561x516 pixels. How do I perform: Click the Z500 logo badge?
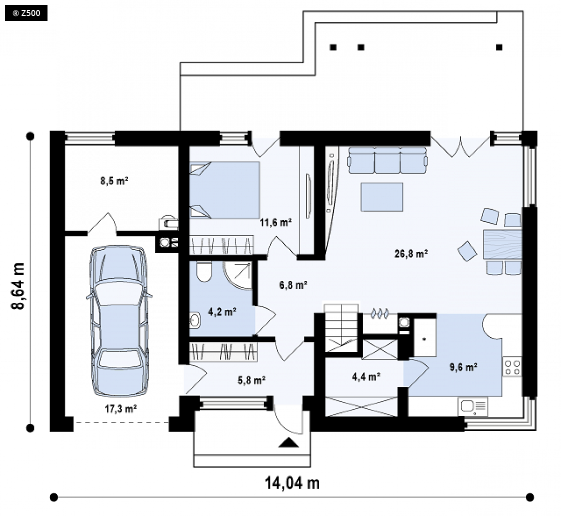click(26, 14)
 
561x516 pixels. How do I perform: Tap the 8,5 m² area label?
click(114, 181)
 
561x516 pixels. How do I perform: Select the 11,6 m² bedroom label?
click(275, 223)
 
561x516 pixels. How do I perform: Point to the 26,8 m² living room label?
click(411, 254)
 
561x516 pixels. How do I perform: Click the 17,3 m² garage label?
click(121, 408)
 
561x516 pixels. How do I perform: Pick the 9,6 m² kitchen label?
click(463, 367)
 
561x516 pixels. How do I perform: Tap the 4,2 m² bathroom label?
click(222, 312)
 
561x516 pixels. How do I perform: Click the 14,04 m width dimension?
click(292, 483)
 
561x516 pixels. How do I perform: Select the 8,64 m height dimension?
click(18, 285)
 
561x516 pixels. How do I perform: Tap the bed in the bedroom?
click(224, 190)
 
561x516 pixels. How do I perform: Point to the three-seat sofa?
click(387, 160)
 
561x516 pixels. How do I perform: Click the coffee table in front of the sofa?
click(382, 197)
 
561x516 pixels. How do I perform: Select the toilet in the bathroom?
click(204, 271)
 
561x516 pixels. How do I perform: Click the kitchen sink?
click(472, 407)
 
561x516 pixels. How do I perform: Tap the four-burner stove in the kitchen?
click(512, 367)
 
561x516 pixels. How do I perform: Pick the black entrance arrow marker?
click(288, 443)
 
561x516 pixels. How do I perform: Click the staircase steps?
click(341, 327)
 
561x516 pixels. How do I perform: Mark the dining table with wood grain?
click(502, 244)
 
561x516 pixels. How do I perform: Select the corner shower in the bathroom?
click(237, 275)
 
